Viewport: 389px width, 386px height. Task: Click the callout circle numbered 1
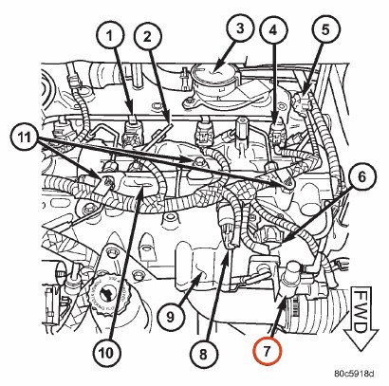coord(109,36)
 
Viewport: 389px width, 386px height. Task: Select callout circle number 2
coord(148,36)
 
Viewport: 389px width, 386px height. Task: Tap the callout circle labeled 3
coord(240,28)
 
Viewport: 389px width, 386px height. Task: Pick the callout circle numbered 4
coord(273,30)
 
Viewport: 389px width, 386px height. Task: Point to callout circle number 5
coord(325,29)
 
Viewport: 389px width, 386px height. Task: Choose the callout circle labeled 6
coord(361,176)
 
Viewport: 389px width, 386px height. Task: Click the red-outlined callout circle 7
coord(267,351)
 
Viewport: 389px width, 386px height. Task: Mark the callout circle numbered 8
coord(203,353)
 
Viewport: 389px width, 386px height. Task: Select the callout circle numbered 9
coord(170,317)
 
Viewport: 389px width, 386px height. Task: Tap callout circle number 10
coord(107,353)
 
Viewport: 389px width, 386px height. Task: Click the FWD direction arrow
coord(361,319)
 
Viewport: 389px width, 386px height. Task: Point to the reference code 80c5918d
coord(354,374)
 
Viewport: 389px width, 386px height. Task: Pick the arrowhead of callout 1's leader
coord(131,111)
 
